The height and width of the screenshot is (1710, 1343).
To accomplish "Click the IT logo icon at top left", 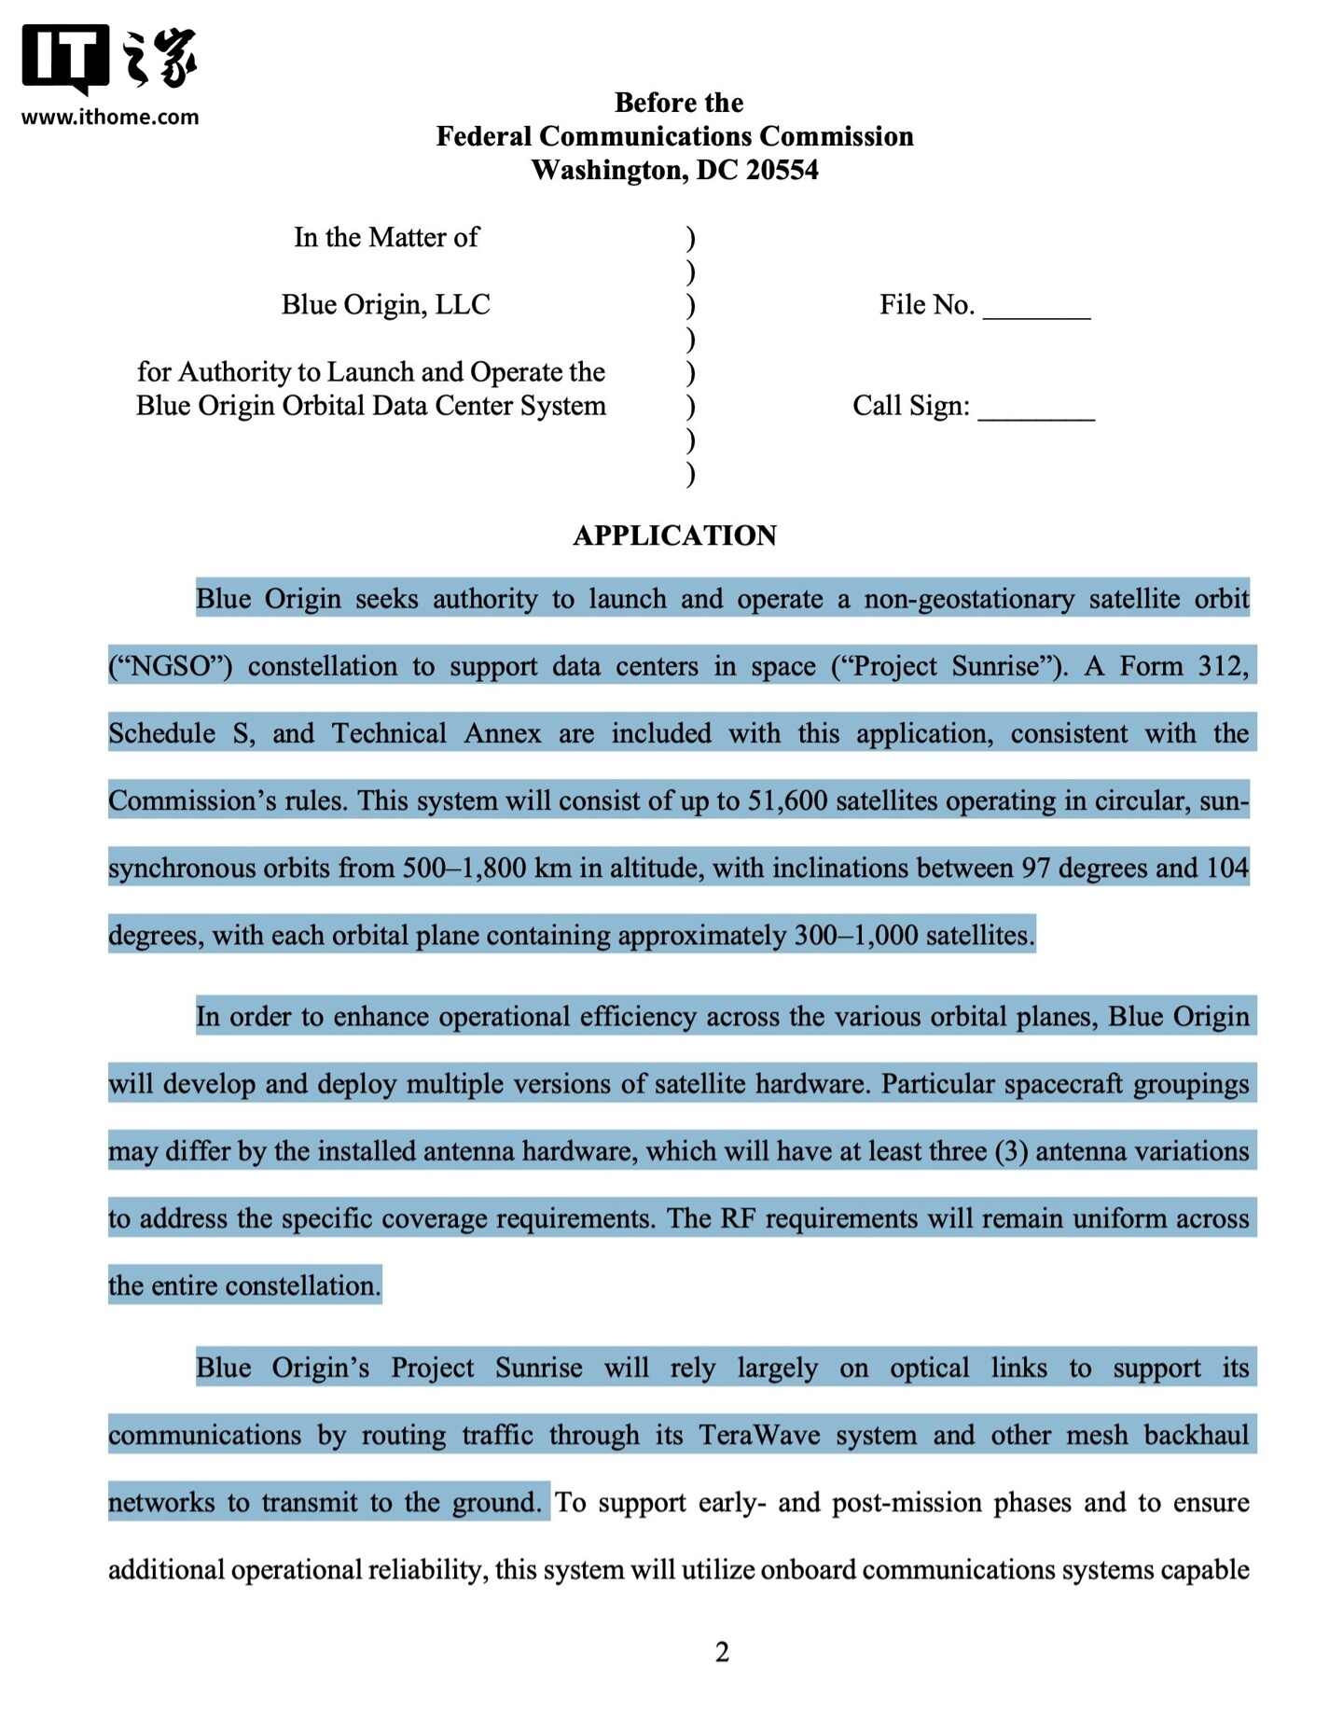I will tap(65, 59).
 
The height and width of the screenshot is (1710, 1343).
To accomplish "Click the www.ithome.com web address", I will tap(110, 118).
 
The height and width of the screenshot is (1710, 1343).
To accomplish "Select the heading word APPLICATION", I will tap(674, 535).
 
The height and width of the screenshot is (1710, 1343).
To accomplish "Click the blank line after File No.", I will tap(1036, 308).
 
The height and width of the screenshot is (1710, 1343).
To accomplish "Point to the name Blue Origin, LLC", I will tap(385, 305).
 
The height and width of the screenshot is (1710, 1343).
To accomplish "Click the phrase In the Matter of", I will tap(386, 238).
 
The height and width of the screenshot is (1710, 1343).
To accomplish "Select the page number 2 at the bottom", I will tap(722, 1652).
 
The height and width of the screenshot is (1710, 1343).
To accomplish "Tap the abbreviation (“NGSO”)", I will tap(171, 666).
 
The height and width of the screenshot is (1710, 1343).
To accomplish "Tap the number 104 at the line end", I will tap(1226, 869).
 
